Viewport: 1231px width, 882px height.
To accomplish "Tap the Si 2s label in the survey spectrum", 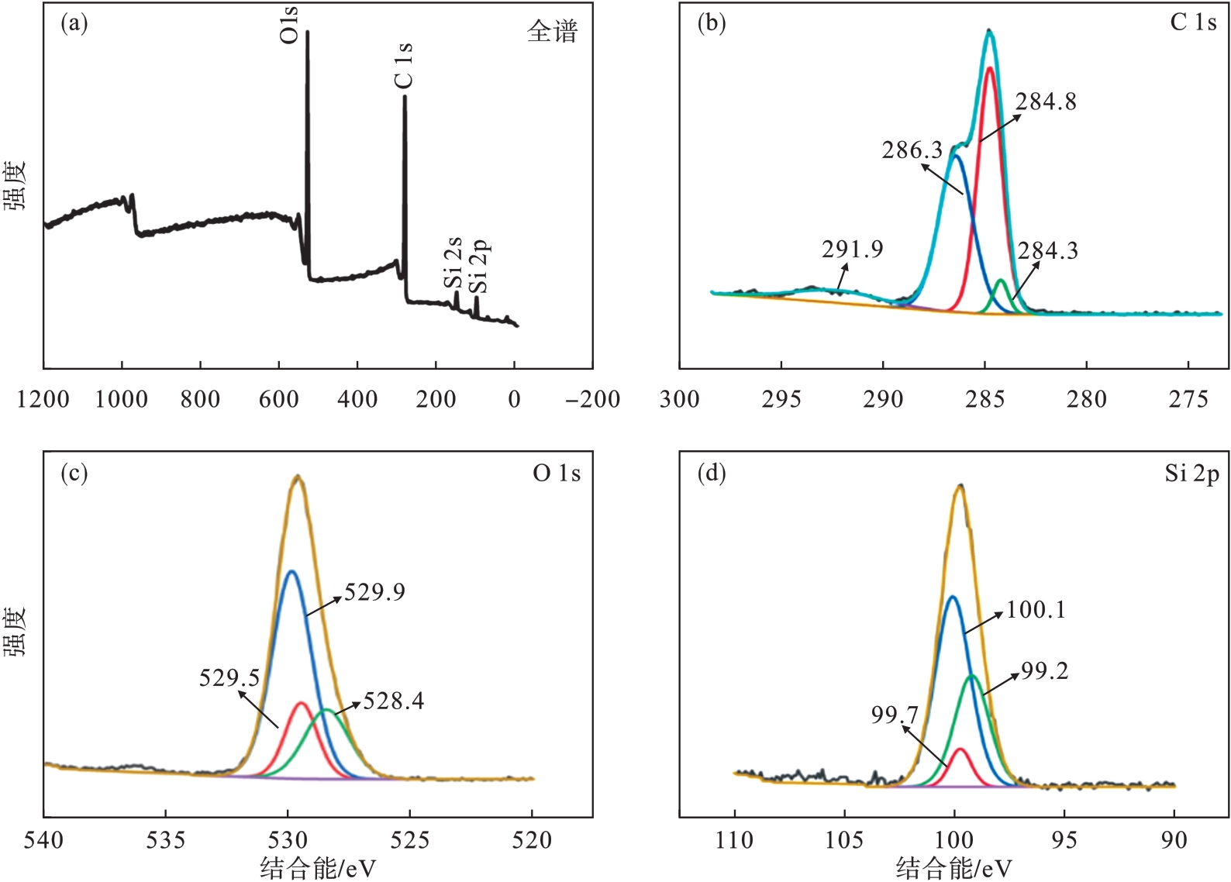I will click(x=453, y=264).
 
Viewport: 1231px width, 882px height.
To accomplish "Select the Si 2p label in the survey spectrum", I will click(x=481, y=267).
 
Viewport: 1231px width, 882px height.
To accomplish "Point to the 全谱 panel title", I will click(x=552, y=32).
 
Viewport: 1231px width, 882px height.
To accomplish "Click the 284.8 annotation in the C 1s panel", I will click(x=1046, y=102).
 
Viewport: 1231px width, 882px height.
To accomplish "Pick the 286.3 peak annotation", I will click(x=912, y=150).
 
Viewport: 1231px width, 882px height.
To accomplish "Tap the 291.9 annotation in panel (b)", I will click(x=852, y=250).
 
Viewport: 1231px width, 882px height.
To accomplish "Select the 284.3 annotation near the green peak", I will click(x=1047, y=251).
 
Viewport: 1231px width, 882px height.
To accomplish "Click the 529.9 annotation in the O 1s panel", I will click(x=374, y=593).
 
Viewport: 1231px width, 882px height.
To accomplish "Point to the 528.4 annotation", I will click(x=394, y=701).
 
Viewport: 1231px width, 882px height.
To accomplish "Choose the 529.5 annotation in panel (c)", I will click(x=229, y=678).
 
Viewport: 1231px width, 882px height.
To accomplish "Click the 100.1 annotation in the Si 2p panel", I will click(x=1036, y=610).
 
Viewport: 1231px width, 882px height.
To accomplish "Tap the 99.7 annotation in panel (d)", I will click(x=895, y=715).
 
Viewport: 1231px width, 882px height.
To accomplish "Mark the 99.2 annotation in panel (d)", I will click(x=1044, y=671).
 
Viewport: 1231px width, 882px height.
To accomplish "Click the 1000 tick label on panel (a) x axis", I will click(x=122, y=400).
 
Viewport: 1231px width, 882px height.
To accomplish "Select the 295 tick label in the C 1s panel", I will click(x=781, y=400).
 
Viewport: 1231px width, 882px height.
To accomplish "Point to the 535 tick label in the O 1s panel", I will click(x=166, y=841).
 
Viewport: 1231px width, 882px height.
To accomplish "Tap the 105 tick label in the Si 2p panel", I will click(x=844, y=841).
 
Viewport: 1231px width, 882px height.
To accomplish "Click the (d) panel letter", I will click(x=712, y=472).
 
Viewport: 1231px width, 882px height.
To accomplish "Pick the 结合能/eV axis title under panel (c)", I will click(x=318, y=869).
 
